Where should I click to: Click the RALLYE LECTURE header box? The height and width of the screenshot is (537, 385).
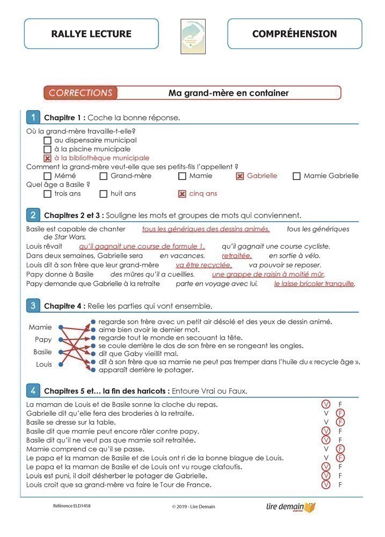(91, 34)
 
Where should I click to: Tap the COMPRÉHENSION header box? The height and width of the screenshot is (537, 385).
(295, 34)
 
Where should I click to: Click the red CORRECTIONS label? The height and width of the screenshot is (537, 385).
(81, 93)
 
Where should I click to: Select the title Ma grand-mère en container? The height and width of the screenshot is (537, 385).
(228, 93)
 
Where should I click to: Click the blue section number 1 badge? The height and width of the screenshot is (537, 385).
(33, 117)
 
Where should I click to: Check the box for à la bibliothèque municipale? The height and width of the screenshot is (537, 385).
(47, 158)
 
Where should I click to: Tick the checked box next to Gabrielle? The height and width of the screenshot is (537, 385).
(239, 176)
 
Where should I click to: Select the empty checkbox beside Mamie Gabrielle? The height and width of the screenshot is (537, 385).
(296, 176)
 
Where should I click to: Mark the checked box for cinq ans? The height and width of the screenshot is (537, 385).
(182, 194)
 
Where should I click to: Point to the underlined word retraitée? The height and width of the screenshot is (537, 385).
(237, 256)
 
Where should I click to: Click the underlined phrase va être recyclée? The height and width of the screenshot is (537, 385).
(204, 265)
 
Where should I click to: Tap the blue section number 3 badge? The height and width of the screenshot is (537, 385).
(33, 306)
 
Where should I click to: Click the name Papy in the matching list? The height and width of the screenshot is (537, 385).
(43, 339)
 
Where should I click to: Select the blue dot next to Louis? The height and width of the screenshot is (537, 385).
(61, 364)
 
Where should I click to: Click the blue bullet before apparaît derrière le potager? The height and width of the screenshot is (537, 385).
(93, 370)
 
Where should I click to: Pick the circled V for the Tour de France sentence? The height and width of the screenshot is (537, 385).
(325, 485)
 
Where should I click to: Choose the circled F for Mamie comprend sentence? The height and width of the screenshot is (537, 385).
(340, 448)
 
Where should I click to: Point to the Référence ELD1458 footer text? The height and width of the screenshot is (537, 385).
(72, 506)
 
